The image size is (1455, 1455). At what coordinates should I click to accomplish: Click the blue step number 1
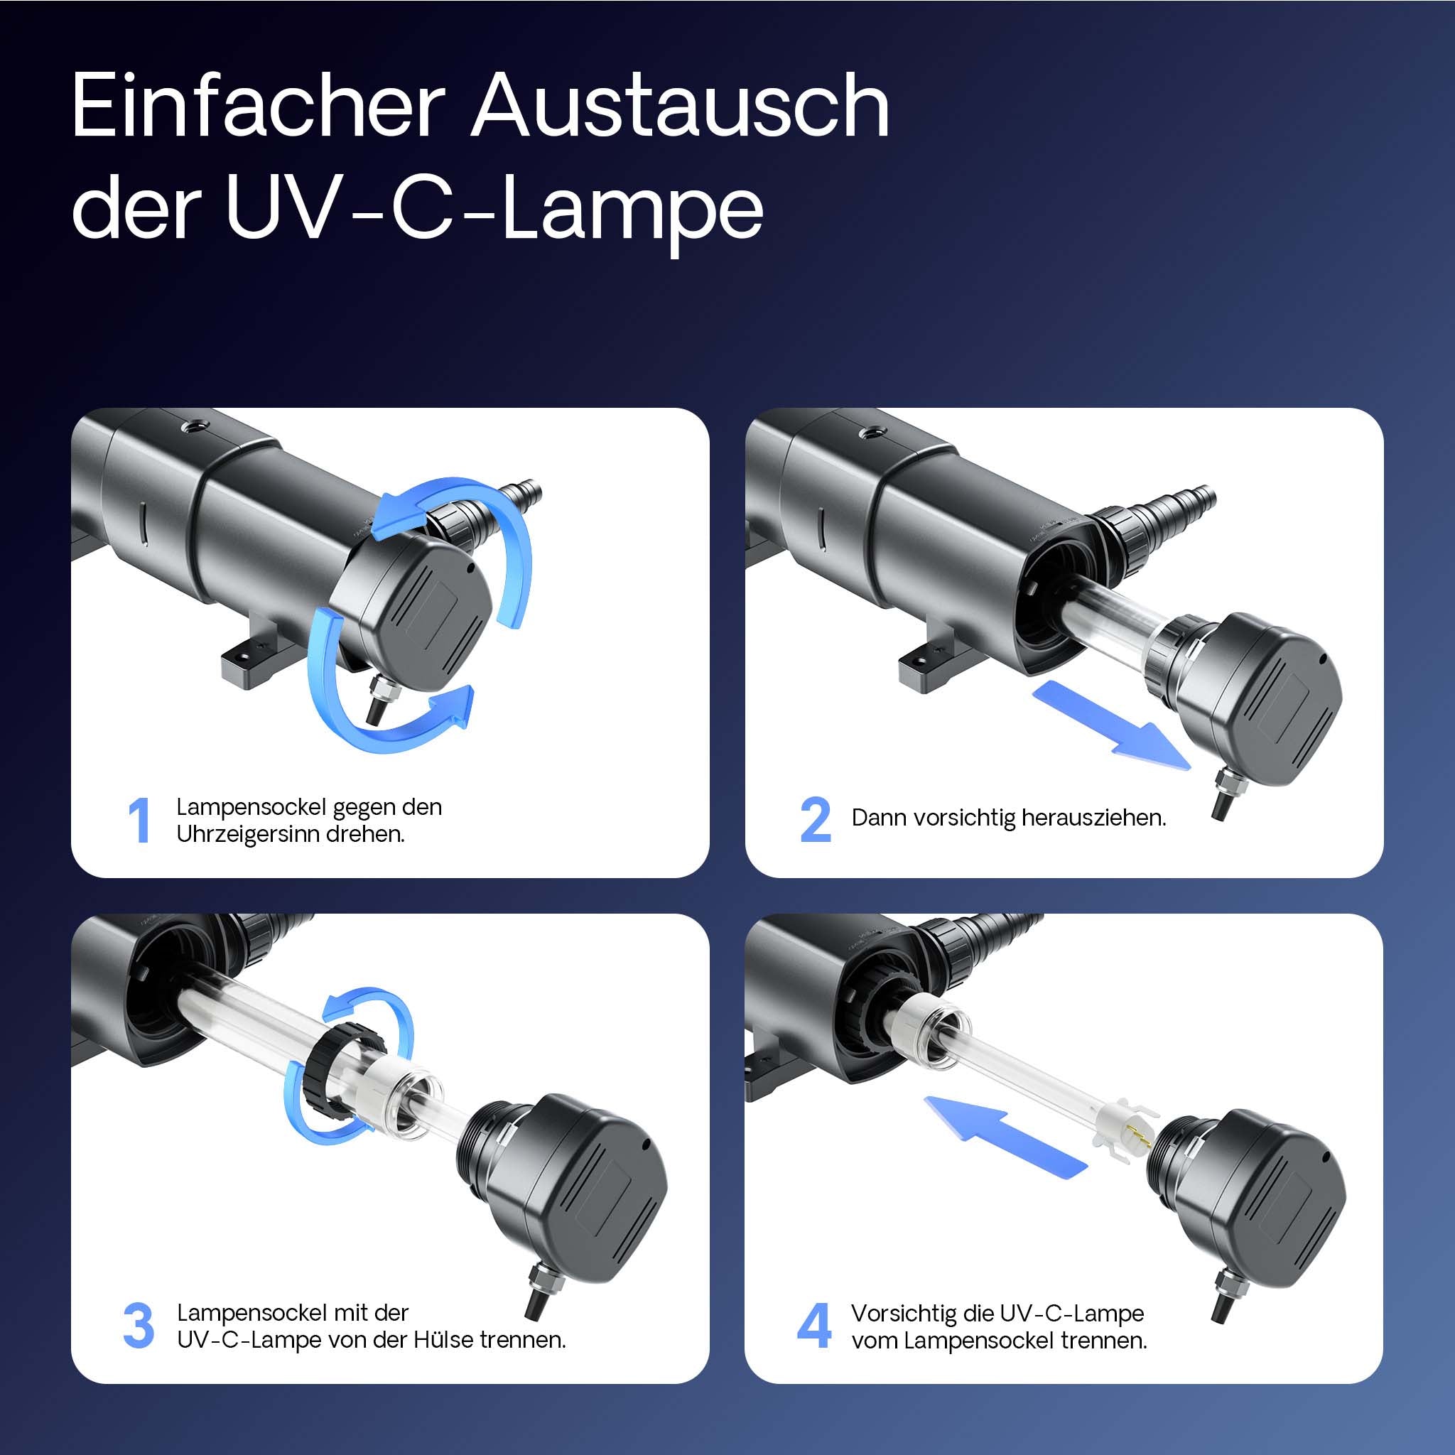(x=139, y=820)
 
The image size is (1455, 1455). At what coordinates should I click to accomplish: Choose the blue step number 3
(x=139, y=1326)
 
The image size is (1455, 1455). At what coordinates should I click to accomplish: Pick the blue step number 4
(x=814, y=1326)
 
